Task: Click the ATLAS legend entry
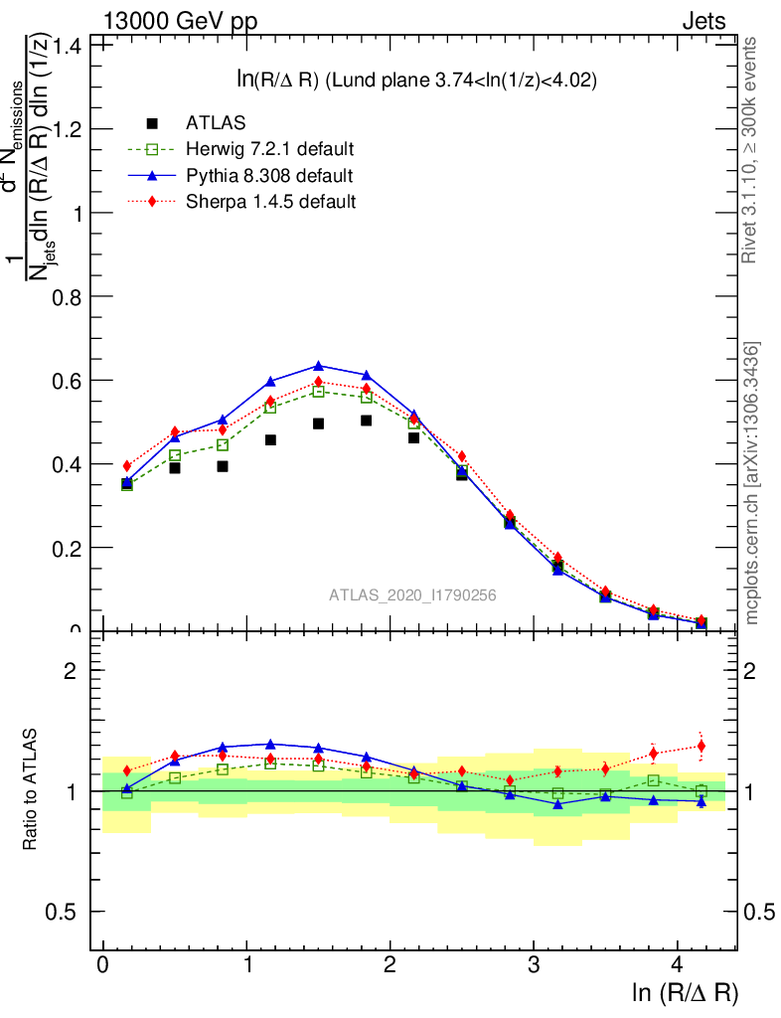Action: [x=216, y=123]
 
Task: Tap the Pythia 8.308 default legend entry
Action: [x=269, y=175]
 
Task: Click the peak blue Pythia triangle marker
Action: [x=319, y=366]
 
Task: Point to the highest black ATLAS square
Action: [x=367, y=421]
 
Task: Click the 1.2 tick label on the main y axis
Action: [x=70, y=129]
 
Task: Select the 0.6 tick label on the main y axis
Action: [x=70, y=381]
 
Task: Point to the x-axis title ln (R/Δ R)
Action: [x=685, y=993]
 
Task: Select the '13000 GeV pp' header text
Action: [x=179, y=21]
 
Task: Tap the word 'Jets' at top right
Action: [x=703, y=21]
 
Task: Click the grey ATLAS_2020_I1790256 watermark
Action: [x=412, y=595]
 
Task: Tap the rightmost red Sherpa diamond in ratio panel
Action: [x=701, y=746]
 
